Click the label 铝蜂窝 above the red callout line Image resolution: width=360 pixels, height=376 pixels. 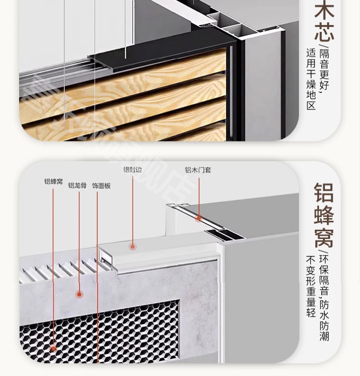click(53, 182)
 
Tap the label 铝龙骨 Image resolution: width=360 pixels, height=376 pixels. click(77, 185)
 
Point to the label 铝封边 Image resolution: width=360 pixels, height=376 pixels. click(132, 169)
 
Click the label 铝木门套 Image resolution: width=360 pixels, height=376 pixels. click(198, 170)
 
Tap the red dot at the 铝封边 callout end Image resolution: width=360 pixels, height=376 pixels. click(133, 247)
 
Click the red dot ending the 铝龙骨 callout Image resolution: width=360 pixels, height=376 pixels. click(80, 294)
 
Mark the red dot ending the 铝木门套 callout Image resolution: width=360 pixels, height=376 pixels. click(199, 218)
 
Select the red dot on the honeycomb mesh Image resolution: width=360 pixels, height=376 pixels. click(53, 349)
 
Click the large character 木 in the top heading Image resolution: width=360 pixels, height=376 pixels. click(324, 11)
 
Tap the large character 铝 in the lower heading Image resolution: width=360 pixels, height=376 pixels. click(324, 193)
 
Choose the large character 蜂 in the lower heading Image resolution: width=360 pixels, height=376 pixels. click(324, 215)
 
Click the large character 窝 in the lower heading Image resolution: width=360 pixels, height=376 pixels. click(324, 238)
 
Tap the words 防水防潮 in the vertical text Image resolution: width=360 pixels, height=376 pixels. click(324, 320)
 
